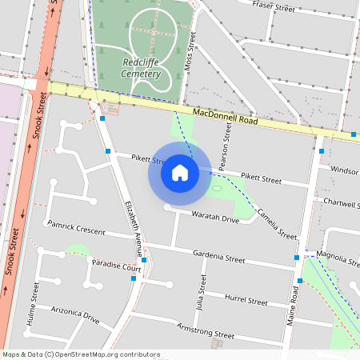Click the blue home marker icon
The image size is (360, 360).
[x=179, y=172]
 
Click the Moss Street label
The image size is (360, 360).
[x=190, y=56]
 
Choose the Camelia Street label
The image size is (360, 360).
[x=277, y=224]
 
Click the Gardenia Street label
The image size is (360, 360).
[x=218, y=258]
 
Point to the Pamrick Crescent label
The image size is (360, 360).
[x=76, y=229]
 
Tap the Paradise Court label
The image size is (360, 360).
[x=116, y=266]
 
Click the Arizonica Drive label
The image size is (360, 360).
[x=75, y=313]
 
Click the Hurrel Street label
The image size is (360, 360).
[x=246, y=299]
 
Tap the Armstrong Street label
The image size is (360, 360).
[x=206, y=330]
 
